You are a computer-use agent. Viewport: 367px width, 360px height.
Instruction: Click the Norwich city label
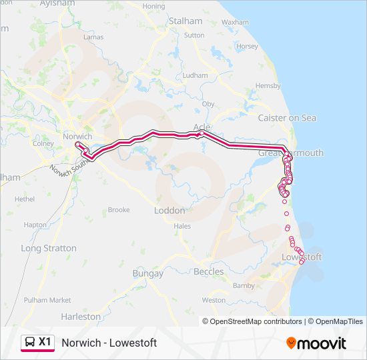pos(76,136)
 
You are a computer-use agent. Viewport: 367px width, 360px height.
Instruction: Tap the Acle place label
pos(202,126)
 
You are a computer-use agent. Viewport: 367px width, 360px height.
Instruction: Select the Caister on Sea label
pos(287,118)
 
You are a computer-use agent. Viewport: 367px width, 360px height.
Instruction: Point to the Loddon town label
pos(169,210)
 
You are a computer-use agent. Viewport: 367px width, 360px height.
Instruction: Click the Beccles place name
pos(208,271)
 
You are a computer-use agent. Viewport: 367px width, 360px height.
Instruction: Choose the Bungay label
pos(147,273)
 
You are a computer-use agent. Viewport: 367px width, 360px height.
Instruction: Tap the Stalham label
pos(185,21)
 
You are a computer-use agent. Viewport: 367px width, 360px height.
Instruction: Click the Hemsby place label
pos(268,86)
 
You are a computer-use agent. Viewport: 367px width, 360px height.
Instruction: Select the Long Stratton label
pos(49,248)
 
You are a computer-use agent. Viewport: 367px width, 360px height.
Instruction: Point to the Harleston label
pos(80,317)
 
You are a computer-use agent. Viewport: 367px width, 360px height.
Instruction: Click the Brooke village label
pos(119,210)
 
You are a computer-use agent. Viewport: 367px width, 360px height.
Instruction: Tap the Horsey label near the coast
pos(247,47)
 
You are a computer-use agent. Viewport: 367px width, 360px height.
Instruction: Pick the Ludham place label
pos(195,76)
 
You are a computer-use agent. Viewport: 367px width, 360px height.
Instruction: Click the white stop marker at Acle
pos(202,133)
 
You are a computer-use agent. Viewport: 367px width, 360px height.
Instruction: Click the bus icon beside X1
pos(30,343)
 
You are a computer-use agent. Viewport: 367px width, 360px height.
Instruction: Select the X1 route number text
pos(45,342)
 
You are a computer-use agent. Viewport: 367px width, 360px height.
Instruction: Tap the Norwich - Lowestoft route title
pos(109,343)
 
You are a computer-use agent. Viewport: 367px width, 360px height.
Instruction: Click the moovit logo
pos(316,343)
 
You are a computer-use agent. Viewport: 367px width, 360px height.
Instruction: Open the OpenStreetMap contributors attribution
pos(256,321)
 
